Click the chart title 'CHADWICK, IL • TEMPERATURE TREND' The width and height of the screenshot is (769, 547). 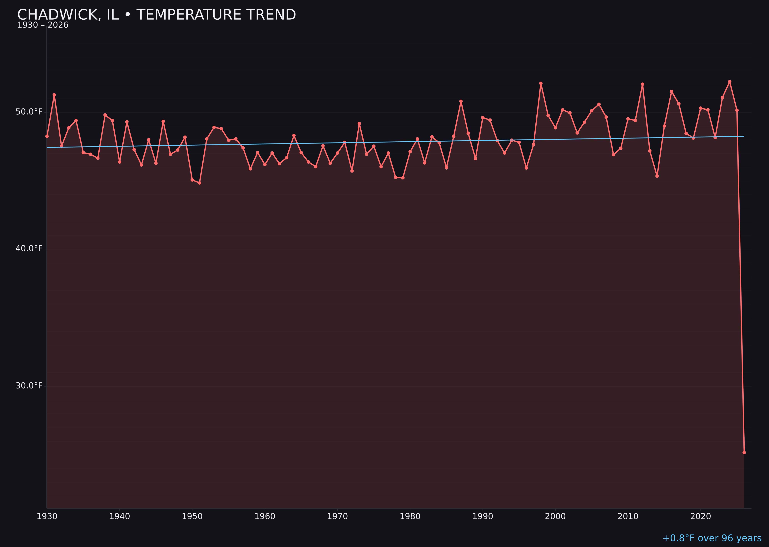pos(156,15)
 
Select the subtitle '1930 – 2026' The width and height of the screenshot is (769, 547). pos(43,25)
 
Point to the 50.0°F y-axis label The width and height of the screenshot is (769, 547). pos(29,112)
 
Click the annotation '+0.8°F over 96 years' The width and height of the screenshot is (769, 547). pos(712,538)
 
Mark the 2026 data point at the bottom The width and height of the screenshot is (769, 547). pos(744,452)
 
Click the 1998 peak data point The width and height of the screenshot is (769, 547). pos(541,83)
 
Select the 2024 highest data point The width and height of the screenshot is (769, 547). pos(730,82)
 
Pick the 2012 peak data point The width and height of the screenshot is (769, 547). pos(642,84)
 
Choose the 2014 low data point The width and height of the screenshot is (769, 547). pos(657,176)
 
